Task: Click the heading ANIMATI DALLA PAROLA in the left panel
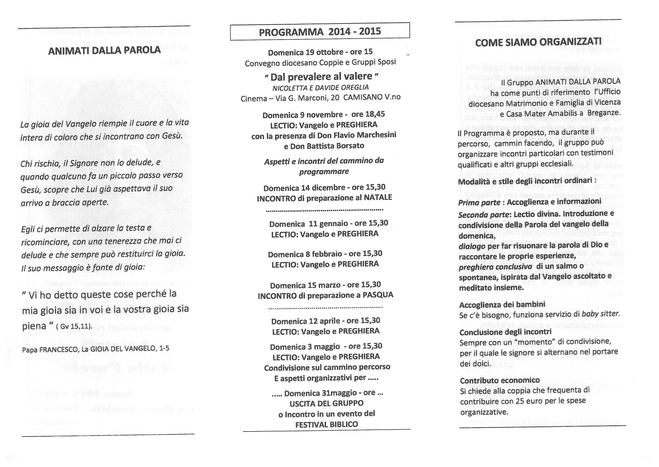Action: point(104,51)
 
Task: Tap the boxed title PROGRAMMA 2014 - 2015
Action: point(320,32)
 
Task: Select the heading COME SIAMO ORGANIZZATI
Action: point(538,42)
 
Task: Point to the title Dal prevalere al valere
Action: point(321,76)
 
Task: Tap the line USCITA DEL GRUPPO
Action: point(326,403)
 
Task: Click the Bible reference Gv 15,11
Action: point(76,327)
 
